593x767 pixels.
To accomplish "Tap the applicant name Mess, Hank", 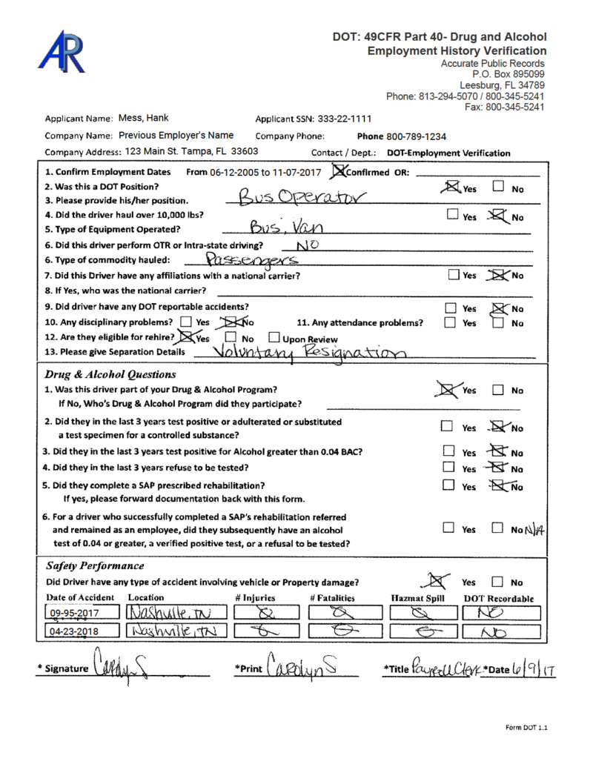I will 144,118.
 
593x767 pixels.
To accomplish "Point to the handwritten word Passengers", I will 251,259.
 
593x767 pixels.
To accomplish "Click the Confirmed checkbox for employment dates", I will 340,172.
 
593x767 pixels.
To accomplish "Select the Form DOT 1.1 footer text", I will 526,728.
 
